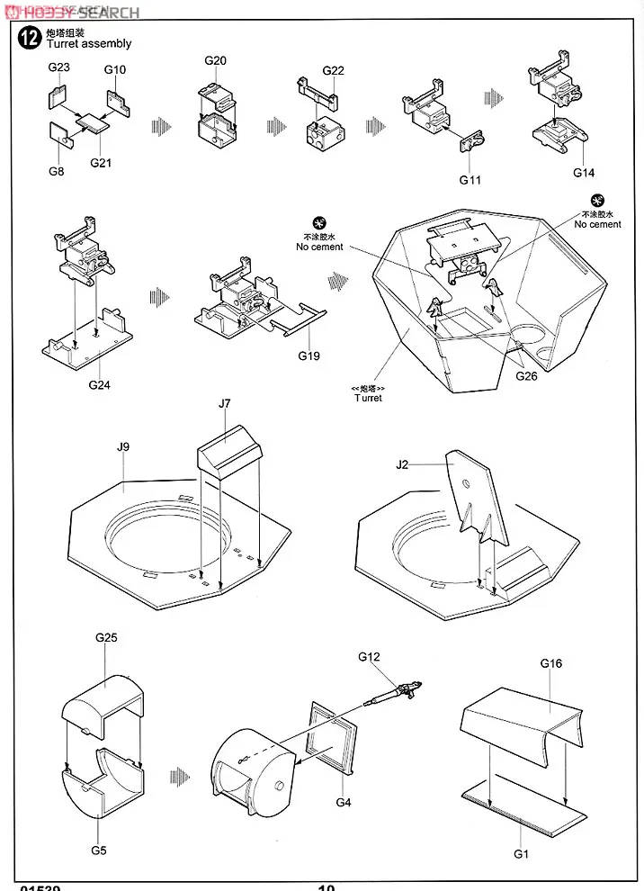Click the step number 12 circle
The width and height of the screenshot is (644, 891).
coord(30,38)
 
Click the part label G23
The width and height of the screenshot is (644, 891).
coord(58,67)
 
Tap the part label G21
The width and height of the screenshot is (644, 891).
coord(101,163)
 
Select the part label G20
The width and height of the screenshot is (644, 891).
coord(215,60)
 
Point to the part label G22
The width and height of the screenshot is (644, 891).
coord(333,71)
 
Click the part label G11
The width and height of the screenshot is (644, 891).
coord(470,180)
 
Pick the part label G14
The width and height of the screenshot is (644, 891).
coord(583,173)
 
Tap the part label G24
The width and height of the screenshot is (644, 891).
coord(100,384)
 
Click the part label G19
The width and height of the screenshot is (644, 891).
coord(309,355)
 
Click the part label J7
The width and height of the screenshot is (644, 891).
coord(225,405)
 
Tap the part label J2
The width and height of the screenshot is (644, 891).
coord(402,464)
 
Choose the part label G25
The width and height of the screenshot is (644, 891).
coord(106,637)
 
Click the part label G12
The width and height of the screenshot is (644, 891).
coord(369,657)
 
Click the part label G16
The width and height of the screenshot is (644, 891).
coord(551,663)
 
